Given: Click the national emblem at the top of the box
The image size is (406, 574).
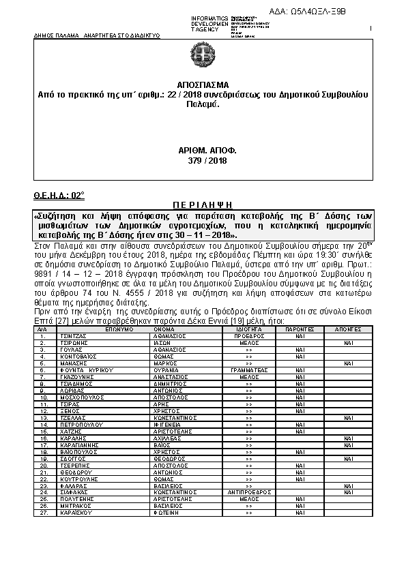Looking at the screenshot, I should click(203, 56).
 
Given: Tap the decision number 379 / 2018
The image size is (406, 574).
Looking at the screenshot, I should click(203, 160).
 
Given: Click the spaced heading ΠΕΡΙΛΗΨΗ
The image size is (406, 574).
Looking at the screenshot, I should click(203, 204).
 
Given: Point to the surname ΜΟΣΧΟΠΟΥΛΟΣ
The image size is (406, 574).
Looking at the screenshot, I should click(77, 377).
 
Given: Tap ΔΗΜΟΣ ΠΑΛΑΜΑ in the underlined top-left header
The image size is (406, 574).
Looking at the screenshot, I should click(48, 33).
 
